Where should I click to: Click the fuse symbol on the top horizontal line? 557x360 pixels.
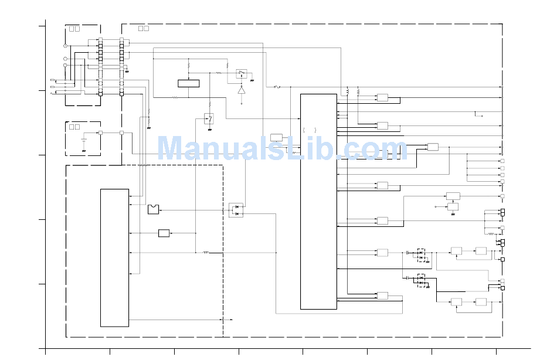point(277,87)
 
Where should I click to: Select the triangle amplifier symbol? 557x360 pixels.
point(241,90)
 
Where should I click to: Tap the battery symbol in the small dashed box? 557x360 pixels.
point(84,141)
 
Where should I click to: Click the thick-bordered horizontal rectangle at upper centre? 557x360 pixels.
point(188,83)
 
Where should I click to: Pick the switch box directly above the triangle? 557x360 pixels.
point(241,73)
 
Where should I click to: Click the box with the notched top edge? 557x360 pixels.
point(153,209)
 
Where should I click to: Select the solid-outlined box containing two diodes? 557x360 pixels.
point(236,210)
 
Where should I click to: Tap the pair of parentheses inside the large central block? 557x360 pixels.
point(310,130)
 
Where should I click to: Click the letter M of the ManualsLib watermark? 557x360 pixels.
point(173,148)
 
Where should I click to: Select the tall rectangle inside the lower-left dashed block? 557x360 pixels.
point(114,257)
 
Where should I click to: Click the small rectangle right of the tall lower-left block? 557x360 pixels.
point(164,233)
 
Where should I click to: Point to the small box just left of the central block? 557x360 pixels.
point(276,137)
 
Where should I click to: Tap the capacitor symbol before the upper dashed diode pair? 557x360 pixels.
point(407,252)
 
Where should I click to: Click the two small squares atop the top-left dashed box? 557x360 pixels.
point(74,28)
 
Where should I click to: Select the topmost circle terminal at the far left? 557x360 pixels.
point(65,46)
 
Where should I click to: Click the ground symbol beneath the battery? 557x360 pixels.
point(84,151)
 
